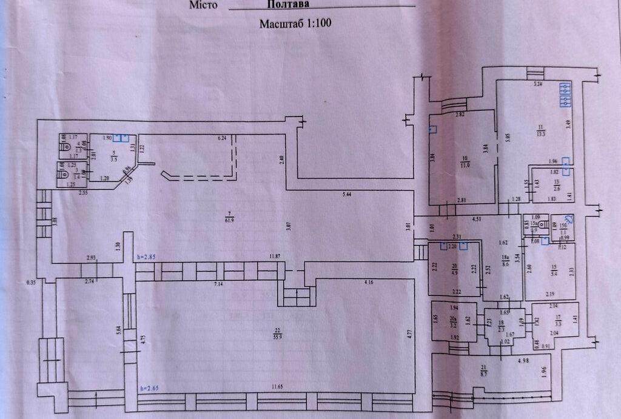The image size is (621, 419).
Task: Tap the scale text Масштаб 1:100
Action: click(297, 24)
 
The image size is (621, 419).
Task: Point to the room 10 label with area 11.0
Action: click(465, 161)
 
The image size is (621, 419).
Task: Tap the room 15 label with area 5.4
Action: click(535, 271)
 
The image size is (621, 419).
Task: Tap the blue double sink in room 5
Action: click(121, 138)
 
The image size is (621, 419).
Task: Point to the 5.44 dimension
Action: click(347, 194)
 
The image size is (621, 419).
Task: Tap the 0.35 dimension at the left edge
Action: click(32, 283)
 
